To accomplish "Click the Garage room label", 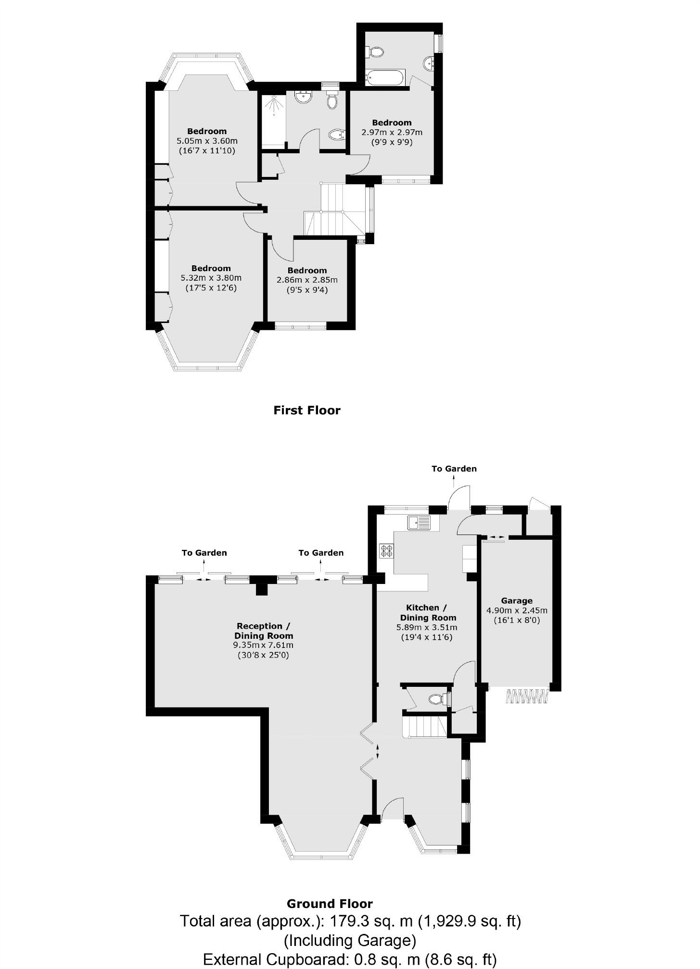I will (x=517, y=600).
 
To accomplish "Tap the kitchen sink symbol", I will (x=420, y=522).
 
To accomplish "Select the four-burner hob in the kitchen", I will (x=386, y=550).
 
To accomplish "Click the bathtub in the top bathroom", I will (x=385, y=77).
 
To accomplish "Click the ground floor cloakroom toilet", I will (x=437, y=698).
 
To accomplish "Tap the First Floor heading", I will (x=307, y=410).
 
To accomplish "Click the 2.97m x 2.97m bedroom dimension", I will (x=392, y=132).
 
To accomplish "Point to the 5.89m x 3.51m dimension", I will (x=426, y=628).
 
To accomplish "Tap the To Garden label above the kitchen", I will (x=454, y=469).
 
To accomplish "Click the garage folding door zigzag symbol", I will (x=527, y=696).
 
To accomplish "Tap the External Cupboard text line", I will (x=350, y=960).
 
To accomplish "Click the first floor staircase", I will (x=332, y=211).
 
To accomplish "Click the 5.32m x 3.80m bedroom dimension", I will (x=211, y=278).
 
